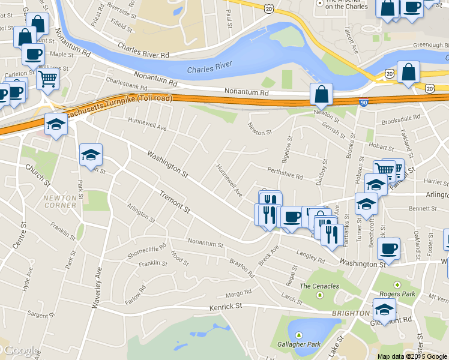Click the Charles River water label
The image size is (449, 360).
pos(209,70)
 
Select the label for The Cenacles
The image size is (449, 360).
pos(319,286)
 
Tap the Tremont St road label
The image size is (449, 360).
pos(175,202)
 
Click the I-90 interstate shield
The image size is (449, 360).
pos(364,103)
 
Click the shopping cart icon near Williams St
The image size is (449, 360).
pos(47,78)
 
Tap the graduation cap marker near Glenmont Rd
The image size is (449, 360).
pos(384,309)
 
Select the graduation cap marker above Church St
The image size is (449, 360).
pos(56,124)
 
